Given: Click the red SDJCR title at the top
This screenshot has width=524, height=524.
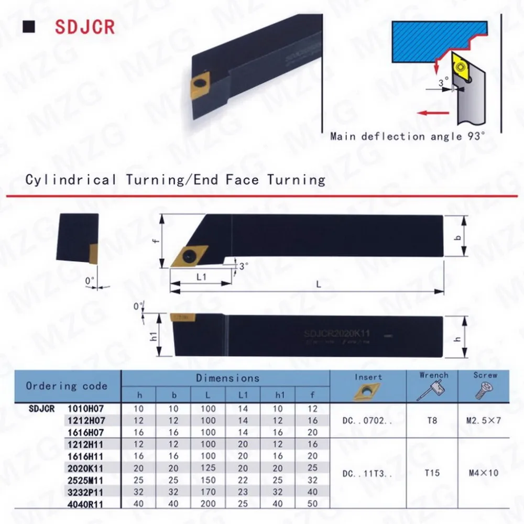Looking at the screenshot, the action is pos(84,27).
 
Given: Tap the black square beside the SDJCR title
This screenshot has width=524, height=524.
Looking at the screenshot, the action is pos(31,27).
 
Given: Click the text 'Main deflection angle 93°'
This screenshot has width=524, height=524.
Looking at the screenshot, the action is pos(408,136).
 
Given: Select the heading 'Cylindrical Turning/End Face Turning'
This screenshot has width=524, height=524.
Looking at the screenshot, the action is pos(176,180).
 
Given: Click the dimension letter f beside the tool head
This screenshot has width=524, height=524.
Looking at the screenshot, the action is pos(156,242).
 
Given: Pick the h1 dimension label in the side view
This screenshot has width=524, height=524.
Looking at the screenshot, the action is pos(154,336).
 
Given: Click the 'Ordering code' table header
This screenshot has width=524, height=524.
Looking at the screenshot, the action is pos(67,386).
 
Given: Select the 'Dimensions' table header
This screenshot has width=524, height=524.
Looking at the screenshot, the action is pos(227,378).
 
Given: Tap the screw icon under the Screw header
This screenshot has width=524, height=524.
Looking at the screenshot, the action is pos(482,391).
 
